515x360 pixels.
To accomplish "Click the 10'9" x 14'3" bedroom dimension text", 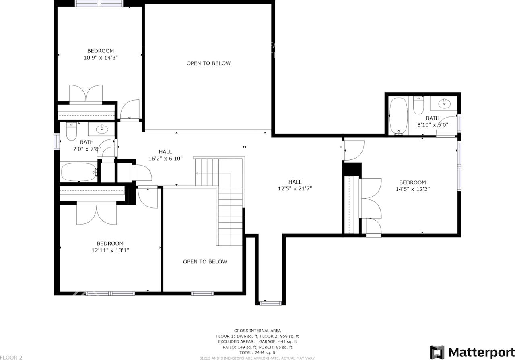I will tap(100, 58).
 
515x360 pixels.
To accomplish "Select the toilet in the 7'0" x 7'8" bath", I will tap(72, 131).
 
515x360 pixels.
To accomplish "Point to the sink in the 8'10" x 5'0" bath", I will tap(444, 103).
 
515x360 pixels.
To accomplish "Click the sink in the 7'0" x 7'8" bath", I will tap(102, 129).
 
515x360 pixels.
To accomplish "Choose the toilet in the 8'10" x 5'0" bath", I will tap(419, 106).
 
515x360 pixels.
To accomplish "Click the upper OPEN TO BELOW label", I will tap(208, 63).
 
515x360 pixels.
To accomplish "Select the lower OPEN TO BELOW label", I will tap(205, 262).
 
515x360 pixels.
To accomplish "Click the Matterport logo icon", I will tap(437, 352).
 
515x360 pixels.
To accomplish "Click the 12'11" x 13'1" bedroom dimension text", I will tap(110, 250).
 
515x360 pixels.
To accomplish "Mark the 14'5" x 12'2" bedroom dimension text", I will tap(412, 189).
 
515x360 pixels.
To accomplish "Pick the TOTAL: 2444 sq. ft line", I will tap(257, 352).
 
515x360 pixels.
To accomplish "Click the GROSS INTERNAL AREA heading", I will tap(257, 331).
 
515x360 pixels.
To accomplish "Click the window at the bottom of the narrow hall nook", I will tap(270, 303).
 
